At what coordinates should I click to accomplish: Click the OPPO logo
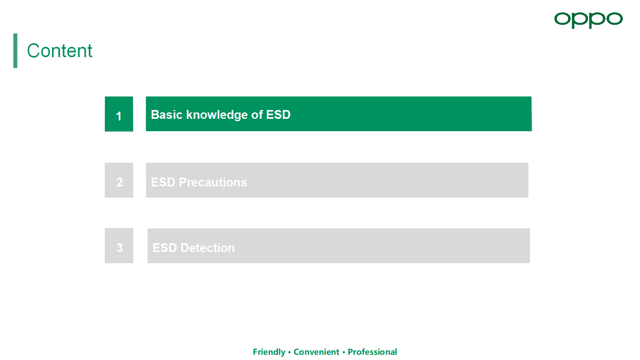588,20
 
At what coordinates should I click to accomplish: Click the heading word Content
60,51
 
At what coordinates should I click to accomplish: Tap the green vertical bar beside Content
15,51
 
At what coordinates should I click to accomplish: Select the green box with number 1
119,114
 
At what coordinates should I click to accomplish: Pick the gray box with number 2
119,180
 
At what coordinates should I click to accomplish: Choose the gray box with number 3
119,246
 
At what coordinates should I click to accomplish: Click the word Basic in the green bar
166,114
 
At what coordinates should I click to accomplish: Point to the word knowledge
217,115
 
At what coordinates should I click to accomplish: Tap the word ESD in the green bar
278,114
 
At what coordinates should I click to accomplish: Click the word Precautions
213,182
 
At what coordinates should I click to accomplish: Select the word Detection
208,248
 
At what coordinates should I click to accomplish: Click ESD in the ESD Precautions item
163,182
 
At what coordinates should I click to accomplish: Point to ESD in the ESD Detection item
164,248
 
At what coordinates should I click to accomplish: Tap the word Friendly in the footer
269,352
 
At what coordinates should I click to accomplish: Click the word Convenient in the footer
316,352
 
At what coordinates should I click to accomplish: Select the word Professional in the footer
372,352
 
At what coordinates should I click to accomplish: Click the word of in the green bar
257,114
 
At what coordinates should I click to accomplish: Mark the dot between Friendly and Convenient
290,352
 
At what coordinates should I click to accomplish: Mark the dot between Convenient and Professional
344,352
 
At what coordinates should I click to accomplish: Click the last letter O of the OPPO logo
614,19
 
